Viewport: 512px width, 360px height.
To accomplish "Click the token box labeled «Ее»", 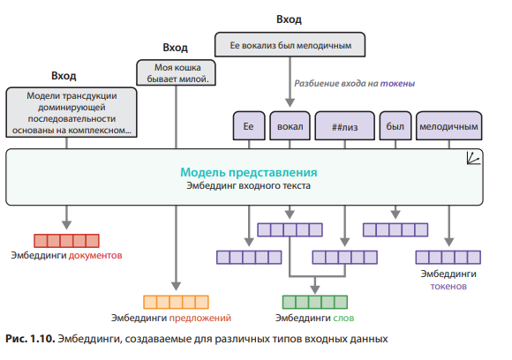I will [248, 127].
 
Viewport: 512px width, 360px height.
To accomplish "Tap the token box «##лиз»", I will [344, 127].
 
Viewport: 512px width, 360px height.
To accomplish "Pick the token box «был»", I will [394, 127].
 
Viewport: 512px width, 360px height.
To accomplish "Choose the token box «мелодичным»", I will [449, 127].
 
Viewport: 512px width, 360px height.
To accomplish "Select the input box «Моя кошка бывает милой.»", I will [177, 73].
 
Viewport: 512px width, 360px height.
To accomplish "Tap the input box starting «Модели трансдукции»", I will [71, 112].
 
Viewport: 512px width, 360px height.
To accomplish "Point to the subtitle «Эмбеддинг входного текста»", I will [248, 186].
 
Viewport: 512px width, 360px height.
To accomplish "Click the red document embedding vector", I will [66, 240].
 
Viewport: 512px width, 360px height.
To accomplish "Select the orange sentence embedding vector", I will [177, 301].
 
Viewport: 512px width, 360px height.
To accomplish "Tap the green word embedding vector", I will [315, 301].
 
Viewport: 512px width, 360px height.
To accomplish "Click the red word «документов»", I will [96, 256].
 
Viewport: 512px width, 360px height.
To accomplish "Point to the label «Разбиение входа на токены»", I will [354, 84].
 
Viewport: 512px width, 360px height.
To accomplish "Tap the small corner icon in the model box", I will [474, 158].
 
